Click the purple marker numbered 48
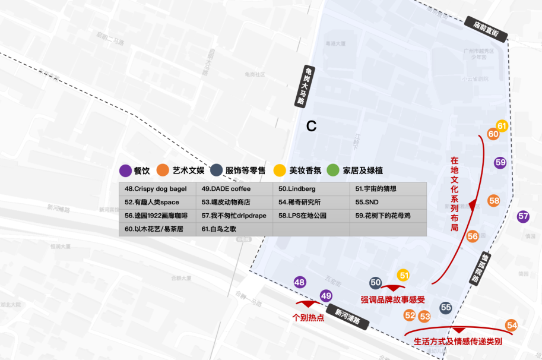(x=300, y=283)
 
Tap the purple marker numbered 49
(x=326, y=295)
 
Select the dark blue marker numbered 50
(x=375, y=283)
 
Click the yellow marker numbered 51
(x=404, y=275)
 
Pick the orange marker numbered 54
(x=512, y=325)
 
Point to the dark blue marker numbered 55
(x=446, y=308)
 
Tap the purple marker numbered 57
(x=523, y=217)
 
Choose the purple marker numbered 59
(x=500, y=162)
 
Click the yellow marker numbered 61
(x=502, y=126)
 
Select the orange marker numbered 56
(x=473, y=236)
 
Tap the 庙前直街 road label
(x=486, y=29)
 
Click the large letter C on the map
(x=312, y=127)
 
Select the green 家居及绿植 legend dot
(x=333, y=170)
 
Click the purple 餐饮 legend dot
(x=125, y=171)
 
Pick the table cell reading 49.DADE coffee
(x=234, y=189)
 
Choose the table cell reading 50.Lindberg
(x=310, y=189)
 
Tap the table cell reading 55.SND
(x=388, y=202)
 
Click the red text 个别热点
(x=309, y=317)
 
